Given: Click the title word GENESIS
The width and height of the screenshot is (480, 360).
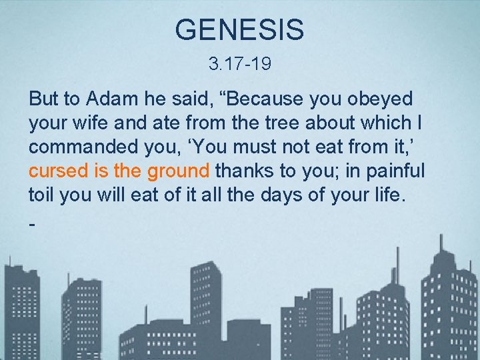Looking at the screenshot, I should pyautogui.click(x=239, y=30).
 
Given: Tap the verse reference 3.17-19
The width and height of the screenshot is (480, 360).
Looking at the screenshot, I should pyautogui.click(x=239, y=65).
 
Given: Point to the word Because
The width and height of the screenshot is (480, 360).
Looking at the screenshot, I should pyautogui.click(x=267, y=99).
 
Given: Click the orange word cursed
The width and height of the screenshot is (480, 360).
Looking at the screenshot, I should pyautogui.click(x=59, y=171).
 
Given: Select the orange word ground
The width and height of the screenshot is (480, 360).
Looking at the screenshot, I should pyautogui.click(x=178, y=171).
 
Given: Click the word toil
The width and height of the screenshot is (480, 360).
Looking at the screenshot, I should pyautogui.click(x=42, y=195).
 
